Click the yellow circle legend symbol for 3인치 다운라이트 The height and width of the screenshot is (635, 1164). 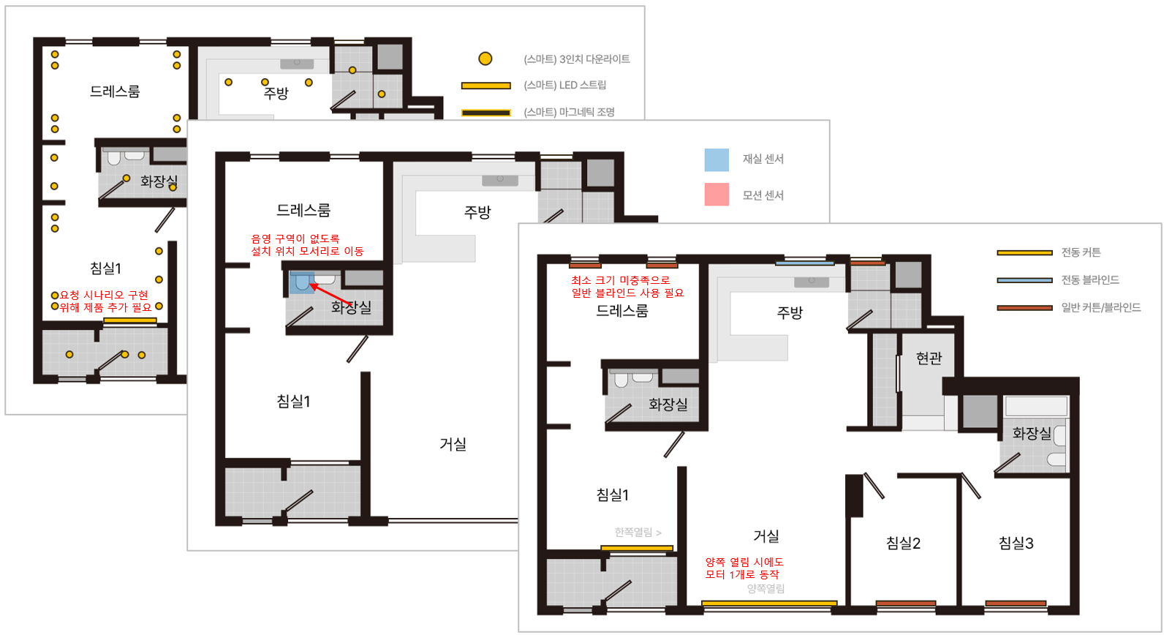tap(485, 59)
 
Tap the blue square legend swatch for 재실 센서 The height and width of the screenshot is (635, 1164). tap(717, 159)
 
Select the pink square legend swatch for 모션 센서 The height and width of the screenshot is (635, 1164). tap(717, 195)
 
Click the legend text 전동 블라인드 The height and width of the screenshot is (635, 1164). tap(1090, 279)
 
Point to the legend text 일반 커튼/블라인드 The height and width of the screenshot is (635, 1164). tap(1101, 307)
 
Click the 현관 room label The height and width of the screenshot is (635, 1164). tap(929, 358)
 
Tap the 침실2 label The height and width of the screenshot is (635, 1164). tap(903, 543)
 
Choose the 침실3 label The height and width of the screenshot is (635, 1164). tap(1016, 543)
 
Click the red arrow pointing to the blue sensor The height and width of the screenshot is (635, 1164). tap(330, 294)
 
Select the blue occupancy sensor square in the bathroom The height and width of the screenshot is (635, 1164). tap(302, 283)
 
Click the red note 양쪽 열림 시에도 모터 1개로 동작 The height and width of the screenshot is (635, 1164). tap(744, 568)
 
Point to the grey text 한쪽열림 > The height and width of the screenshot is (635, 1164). tap(638, 532)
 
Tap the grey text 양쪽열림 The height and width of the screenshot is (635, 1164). tap(766, 588)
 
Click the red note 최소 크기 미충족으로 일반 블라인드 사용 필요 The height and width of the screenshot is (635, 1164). tap(627, 287)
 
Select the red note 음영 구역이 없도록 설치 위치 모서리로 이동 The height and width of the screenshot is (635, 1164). tap(307, 245)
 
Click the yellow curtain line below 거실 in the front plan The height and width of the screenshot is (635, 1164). tap(769, 604)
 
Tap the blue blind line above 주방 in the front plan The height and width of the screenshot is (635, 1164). tap(804, 263)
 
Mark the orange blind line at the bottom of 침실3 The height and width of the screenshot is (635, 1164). tap(1016, 604)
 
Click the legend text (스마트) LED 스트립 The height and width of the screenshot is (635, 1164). tap(565, 85)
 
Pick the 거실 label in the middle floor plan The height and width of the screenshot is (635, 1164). tap(453, 443)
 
